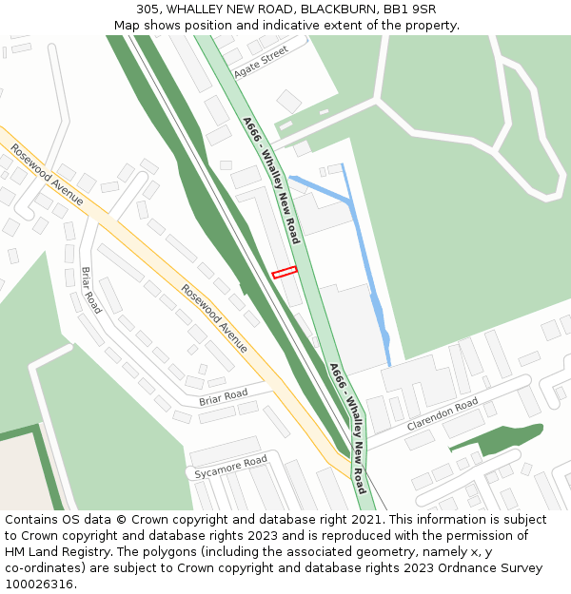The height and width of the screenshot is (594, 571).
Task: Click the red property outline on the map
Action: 285,273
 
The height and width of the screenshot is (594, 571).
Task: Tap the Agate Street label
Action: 260,64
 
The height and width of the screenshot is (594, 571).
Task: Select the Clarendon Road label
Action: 443,414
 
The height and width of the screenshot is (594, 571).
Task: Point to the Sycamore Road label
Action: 230,467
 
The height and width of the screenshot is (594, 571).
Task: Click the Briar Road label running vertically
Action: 90,290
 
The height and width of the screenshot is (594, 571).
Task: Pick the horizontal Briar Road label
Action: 223,397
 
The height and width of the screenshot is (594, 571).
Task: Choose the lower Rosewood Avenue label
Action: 214,318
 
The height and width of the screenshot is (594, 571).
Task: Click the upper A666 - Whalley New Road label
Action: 271,181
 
